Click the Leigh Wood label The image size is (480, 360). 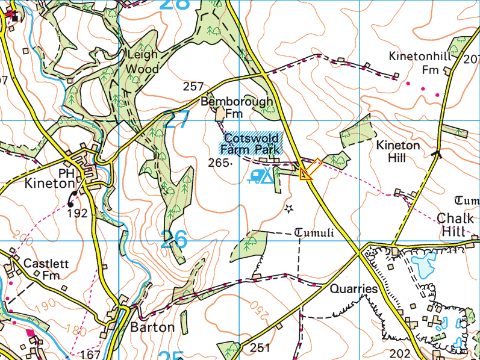pos(143,61)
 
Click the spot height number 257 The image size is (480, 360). pos(193,87)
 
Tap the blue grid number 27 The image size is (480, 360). pos(176,120)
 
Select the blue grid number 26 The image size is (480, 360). pos(175,240)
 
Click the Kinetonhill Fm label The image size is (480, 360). pos(420,63)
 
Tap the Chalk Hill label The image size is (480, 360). pos(455,225)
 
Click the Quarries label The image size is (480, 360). pos(354,289)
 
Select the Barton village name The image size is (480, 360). pos(152,327)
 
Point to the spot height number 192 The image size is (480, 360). pos(77,213)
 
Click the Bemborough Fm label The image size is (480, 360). pos(236,107)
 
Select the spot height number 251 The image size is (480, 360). pos(260,347)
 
